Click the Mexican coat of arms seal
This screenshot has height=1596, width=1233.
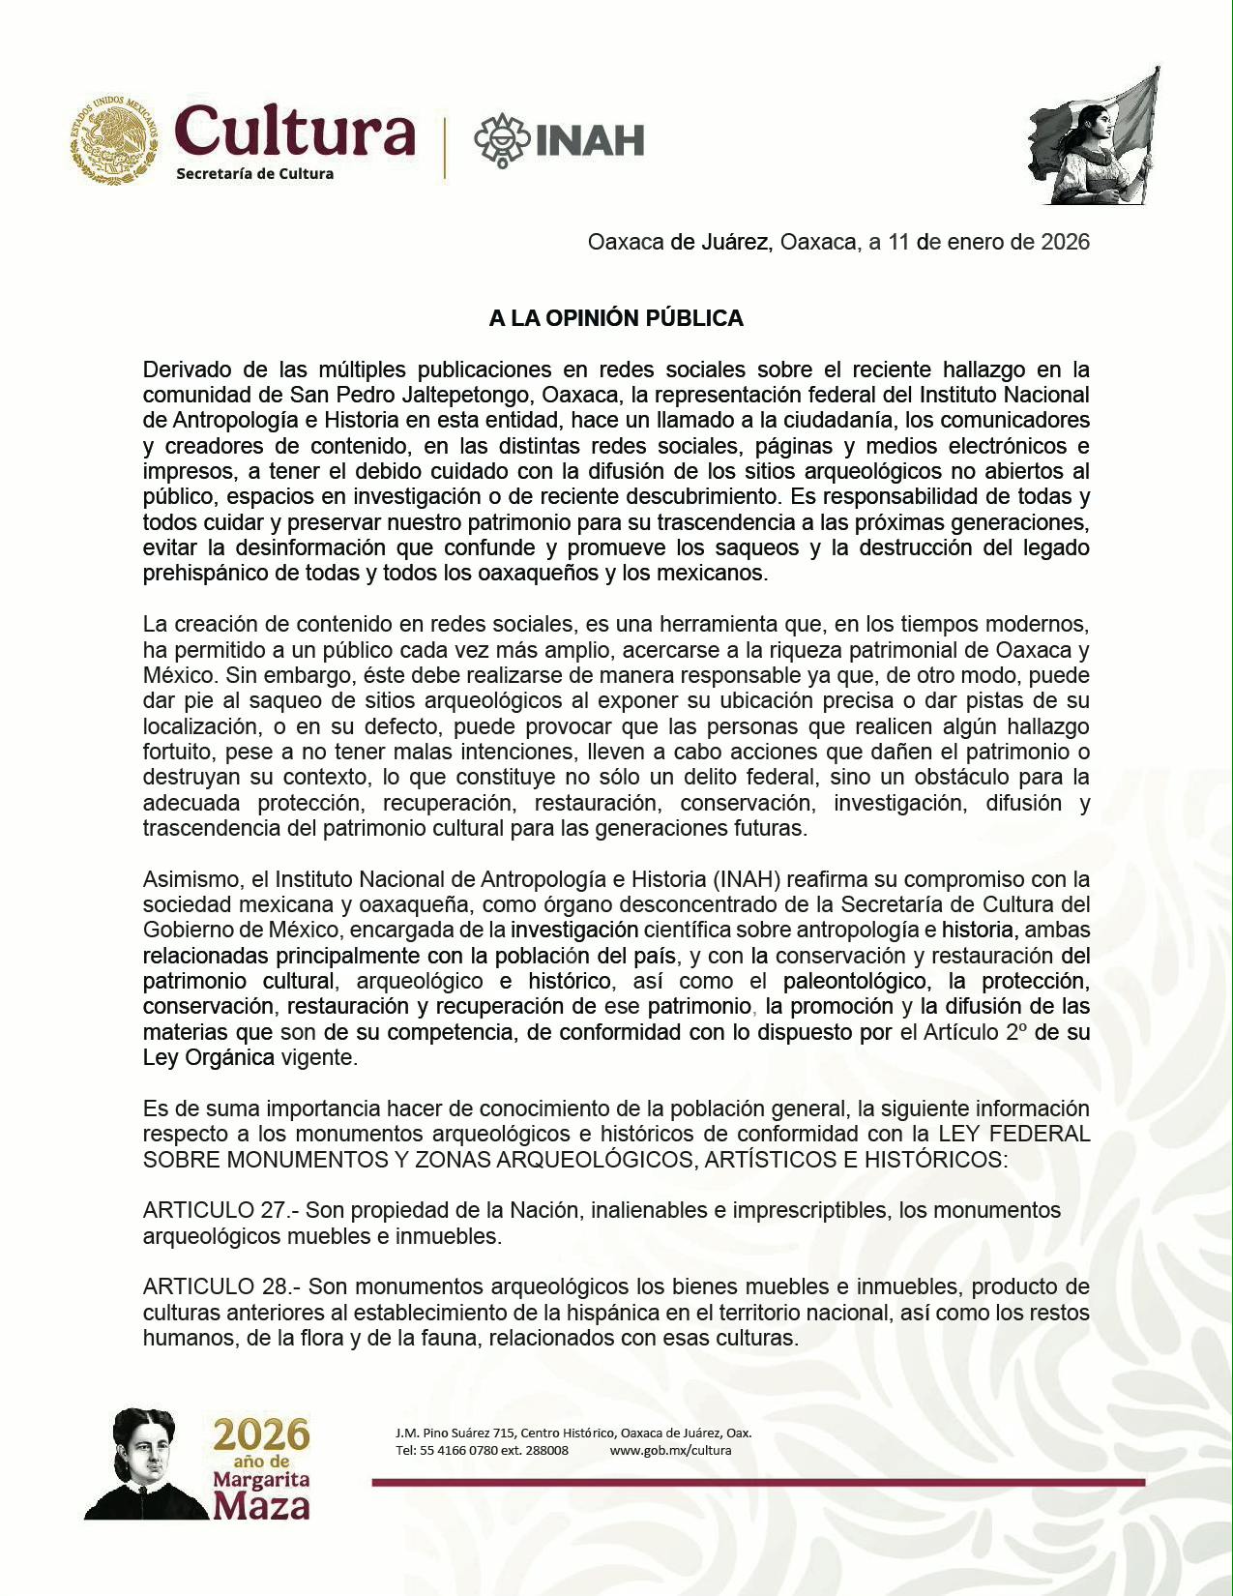click(114, 139)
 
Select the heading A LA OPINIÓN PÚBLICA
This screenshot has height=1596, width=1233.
click(616, 318)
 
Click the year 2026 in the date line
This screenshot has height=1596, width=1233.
click(1065, 242)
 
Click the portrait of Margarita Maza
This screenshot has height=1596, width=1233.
click(145, 1463)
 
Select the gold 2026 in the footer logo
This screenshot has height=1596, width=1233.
click(262, 1434)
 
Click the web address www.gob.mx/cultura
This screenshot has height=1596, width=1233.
click(670, 1450)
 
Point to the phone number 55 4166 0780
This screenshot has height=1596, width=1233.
click(459, 1450)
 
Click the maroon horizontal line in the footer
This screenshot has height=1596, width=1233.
click(758, 1482)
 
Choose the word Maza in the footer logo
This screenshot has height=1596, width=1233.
click(262, 1506)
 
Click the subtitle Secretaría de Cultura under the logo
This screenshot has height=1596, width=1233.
click(254, 174)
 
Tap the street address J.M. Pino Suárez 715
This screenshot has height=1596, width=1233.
click(455, 1433)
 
